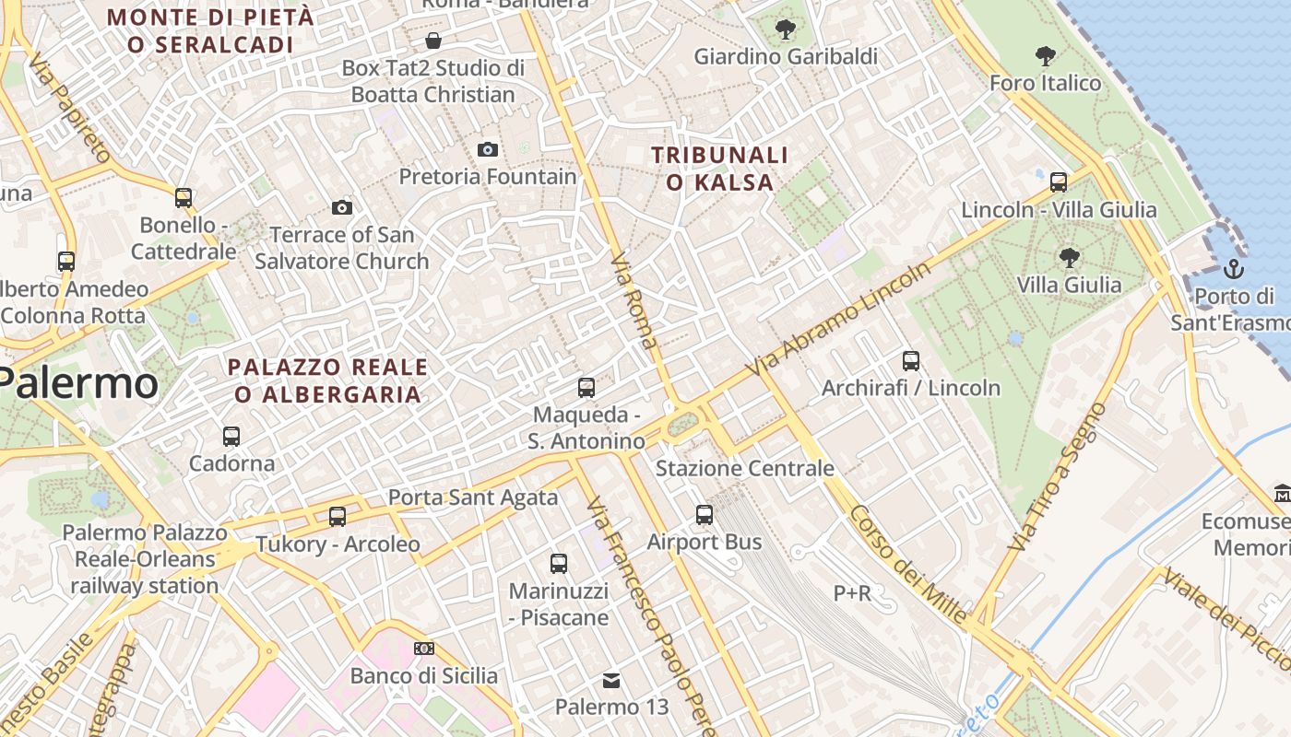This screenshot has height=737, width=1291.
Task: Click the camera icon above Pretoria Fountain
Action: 488,149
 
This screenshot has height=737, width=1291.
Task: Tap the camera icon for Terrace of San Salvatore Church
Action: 342,207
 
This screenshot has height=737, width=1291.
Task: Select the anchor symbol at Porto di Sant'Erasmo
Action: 1233,269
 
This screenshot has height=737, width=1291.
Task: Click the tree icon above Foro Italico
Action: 1046,56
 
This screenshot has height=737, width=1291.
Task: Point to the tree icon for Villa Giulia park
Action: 1070,257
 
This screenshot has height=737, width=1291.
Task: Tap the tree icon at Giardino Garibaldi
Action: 786,29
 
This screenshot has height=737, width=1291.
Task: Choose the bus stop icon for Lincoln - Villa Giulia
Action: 1059,182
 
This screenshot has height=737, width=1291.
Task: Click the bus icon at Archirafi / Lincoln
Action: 911,361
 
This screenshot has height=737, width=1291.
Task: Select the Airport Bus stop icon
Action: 705,515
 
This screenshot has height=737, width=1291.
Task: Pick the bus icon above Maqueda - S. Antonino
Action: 586,388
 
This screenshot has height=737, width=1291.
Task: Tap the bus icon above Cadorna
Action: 231,437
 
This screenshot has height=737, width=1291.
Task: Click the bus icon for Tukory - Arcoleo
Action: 338,517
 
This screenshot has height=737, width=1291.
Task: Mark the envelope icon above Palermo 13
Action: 611,681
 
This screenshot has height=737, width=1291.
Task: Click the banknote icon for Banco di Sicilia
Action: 423,649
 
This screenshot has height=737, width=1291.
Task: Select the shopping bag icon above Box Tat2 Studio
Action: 433,41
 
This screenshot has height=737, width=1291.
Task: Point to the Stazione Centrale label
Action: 744,468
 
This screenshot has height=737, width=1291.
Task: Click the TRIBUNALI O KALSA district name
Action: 720,169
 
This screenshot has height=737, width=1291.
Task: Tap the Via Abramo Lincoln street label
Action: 841,319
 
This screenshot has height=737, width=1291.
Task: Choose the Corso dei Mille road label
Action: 908,564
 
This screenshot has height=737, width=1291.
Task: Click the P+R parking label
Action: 852,593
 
